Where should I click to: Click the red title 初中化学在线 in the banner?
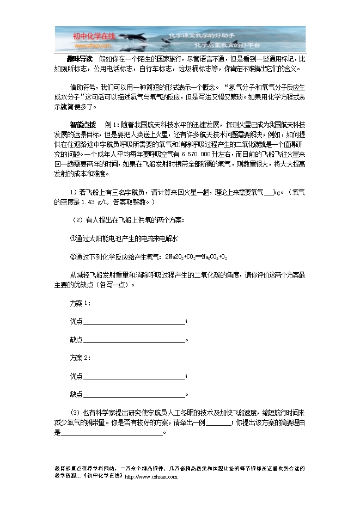95,35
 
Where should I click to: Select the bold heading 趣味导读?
80,59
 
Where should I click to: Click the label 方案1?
80,303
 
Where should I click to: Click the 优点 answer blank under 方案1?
133,321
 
